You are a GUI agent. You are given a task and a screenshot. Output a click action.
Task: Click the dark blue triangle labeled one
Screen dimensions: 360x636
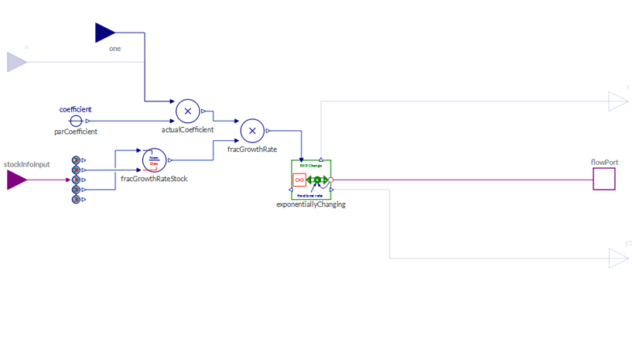click(104, 33)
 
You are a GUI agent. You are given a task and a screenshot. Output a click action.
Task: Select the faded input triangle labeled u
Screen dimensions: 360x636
click(16, 62)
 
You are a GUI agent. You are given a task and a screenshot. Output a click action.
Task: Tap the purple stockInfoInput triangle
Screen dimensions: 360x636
click(16, 180)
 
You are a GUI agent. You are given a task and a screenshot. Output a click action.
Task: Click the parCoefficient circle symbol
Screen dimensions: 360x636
click(76, 121)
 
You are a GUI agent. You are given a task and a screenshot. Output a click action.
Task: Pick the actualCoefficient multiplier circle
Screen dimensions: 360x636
click(187, 111)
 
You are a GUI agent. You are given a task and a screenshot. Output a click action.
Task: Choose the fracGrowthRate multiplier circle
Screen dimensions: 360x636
click(252, 131)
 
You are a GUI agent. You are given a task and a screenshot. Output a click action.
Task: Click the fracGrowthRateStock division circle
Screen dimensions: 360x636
click(154, 160)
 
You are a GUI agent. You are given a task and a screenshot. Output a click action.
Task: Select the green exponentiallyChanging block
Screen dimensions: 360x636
click(311, 180)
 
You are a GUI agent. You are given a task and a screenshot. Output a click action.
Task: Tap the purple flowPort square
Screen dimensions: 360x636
click(604, 179)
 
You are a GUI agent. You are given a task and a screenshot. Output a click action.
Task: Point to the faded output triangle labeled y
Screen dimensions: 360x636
click(617, 101)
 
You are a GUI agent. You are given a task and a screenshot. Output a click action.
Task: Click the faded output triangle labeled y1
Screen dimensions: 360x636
click(617, 258)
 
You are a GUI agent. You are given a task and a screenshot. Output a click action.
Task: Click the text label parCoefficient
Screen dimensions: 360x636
click(76, 132)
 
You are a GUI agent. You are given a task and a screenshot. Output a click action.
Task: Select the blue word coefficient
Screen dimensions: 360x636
click(76, 109)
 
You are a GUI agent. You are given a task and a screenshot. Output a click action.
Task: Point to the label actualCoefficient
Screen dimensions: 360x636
click(187, 130)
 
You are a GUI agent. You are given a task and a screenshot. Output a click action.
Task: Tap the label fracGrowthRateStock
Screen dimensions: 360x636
click(154, 179)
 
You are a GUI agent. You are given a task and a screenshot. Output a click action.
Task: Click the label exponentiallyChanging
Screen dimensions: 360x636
click(311, 204)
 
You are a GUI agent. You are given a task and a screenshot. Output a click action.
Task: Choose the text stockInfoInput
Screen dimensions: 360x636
click(26, 164)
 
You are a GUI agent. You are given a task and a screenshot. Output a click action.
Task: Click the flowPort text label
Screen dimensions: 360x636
click(604, 162)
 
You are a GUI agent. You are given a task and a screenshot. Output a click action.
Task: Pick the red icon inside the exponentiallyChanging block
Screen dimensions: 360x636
click(299, 180)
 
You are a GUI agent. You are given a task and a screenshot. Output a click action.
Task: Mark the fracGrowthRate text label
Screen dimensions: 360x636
click(252, 149)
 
